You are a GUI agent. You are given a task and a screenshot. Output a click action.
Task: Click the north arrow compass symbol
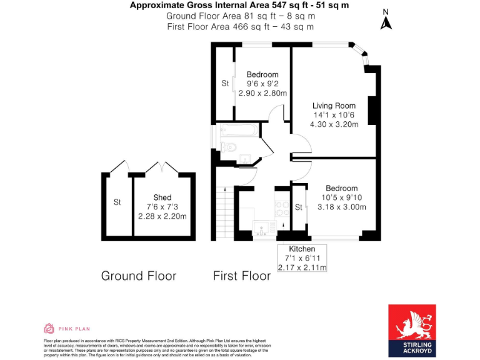coord(386,21)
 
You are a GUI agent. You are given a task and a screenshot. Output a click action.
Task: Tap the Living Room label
coord(334,106)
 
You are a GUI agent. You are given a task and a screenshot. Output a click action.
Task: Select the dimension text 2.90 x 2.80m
coord(262,92)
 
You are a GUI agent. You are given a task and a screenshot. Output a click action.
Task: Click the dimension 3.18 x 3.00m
coord(341,207)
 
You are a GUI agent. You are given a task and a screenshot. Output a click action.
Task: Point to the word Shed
coord(162,197)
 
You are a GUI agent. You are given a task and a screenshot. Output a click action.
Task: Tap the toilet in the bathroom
coord(229,148)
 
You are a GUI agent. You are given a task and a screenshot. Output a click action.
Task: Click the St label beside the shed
coord(117,202)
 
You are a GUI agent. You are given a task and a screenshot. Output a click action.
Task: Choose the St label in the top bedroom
coord(225,83)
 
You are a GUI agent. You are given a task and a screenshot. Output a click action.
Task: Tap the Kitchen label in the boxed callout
coord(302,249)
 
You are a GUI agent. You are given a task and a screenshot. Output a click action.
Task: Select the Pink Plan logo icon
coord(49,328)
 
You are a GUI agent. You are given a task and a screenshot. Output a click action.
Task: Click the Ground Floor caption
coord(139,276)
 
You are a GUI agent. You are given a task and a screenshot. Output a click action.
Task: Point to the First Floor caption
coord(242,276)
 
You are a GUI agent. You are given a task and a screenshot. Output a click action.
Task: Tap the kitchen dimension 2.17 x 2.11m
coord(302,267)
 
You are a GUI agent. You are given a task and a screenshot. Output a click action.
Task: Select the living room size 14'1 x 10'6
coord(334,115)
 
